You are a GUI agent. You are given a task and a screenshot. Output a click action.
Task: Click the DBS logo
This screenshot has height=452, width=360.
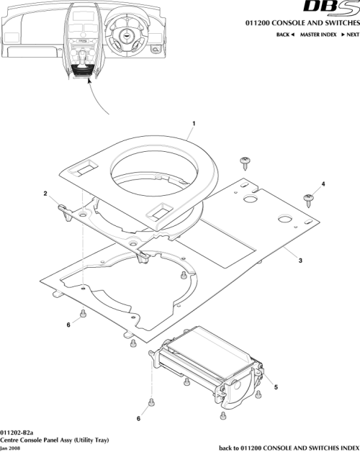330,8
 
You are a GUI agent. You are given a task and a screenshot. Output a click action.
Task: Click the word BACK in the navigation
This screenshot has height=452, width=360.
284,35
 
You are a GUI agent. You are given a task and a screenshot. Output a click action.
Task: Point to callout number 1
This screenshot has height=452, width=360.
193,123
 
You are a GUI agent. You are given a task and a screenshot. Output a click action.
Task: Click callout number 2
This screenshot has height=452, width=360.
45,193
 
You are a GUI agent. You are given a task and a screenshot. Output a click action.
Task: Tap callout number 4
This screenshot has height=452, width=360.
323,184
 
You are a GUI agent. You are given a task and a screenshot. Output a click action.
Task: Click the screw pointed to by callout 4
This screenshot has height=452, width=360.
309,196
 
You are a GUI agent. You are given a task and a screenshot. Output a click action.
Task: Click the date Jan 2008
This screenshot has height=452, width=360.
12,447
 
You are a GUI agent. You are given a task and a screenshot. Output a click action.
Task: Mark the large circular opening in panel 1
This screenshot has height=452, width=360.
153,173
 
